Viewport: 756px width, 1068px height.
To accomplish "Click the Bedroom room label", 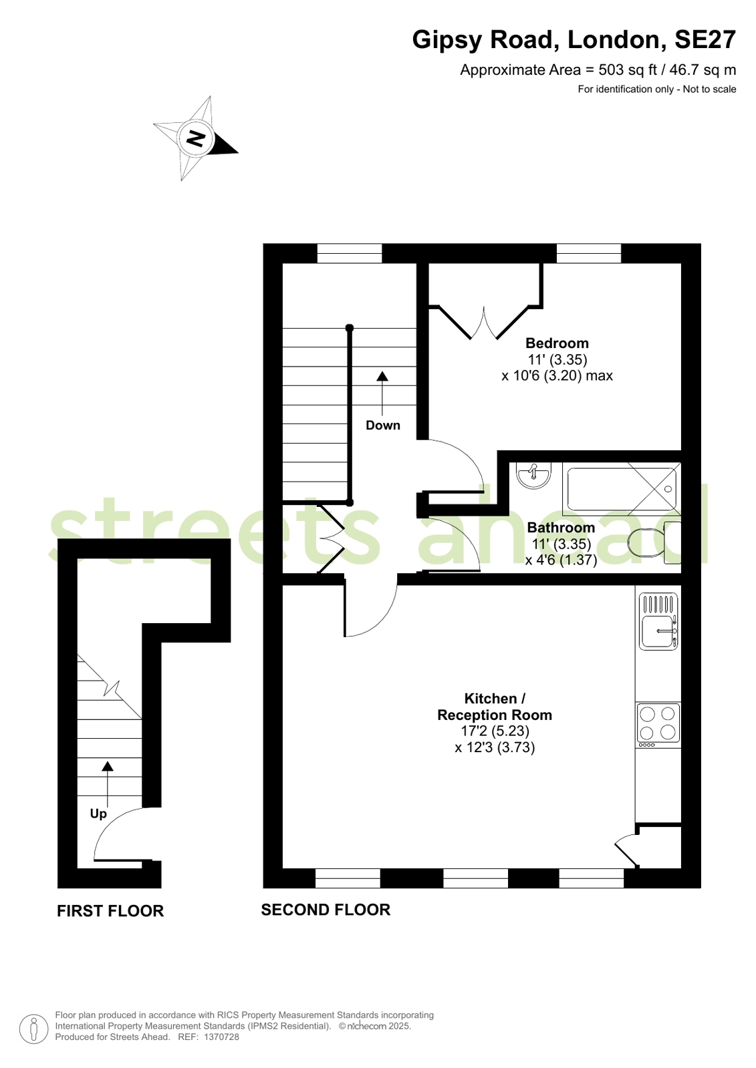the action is [557, 343].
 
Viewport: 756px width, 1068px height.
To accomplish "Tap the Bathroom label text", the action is [561, 528].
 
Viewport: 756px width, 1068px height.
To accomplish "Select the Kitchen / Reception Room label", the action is [495, 707].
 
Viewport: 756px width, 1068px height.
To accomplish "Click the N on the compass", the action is [195, 138].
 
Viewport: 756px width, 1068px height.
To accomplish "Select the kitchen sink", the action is [658, 621].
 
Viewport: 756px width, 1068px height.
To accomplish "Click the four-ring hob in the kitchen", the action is [658, 722].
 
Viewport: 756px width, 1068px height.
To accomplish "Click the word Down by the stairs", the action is [383, 425].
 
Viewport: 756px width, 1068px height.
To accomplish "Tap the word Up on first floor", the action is [98, 814].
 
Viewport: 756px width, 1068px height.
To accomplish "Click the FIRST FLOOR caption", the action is [110, 910].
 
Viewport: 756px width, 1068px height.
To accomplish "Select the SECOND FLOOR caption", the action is [326, 910].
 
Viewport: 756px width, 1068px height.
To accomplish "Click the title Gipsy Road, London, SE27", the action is [574, 39].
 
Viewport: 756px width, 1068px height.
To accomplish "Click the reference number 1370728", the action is [221, 1037].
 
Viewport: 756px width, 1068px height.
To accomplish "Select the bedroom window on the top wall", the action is [589, 253].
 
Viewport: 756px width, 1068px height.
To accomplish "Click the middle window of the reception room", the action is [475, 878].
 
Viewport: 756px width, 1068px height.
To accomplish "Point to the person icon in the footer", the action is [33, 1029].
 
